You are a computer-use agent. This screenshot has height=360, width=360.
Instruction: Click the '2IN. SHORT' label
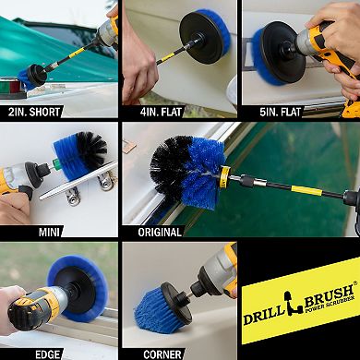pos(34,112)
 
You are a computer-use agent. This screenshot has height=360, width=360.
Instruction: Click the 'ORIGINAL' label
pos(160,232)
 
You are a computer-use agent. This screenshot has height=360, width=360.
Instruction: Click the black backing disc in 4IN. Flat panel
pos(199,37)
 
